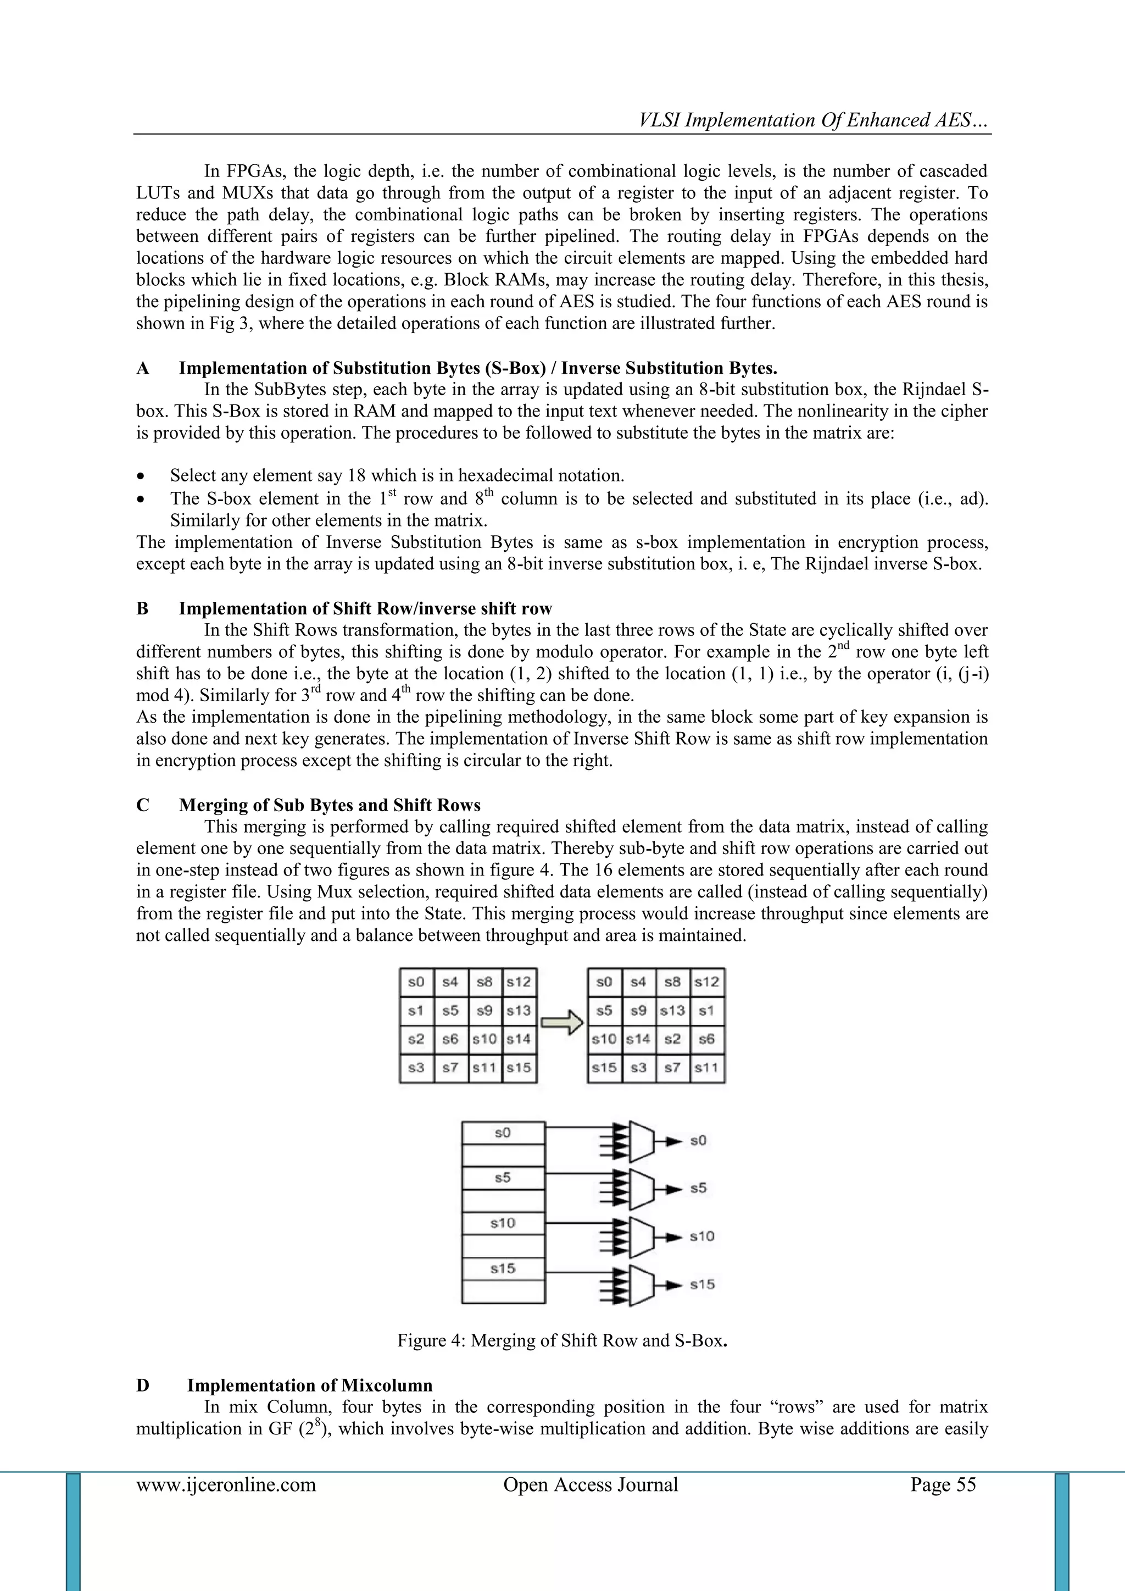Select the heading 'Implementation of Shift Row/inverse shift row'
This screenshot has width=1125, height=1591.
click(x=365, y=608)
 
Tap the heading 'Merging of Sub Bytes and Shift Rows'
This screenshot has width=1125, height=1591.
click(x=329, y=805)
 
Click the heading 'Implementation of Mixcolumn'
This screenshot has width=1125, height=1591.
click(x=310, y=1385)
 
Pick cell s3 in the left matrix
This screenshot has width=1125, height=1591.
click(x=416, y=1067)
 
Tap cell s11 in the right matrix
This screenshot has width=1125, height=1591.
click(x=706, y=1067)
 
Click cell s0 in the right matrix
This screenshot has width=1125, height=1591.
click(x=604, y=982)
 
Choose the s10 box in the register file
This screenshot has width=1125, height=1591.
click(x=503, y=1223)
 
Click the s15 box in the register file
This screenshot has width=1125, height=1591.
click(x=503, y=1268)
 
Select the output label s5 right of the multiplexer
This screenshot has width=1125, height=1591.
click(x=698, y=1188)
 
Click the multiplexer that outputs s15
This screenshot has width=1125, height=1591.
click(x=642, y=1284)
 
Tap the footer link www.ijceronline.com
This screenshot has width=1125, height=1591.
click(x=226, y=1484)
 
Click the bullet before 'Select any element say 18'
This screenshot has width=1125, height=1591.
click(x=141, y=476)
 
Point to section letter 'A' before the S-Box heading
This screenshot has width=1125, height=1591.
click(x=143, y=368)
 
